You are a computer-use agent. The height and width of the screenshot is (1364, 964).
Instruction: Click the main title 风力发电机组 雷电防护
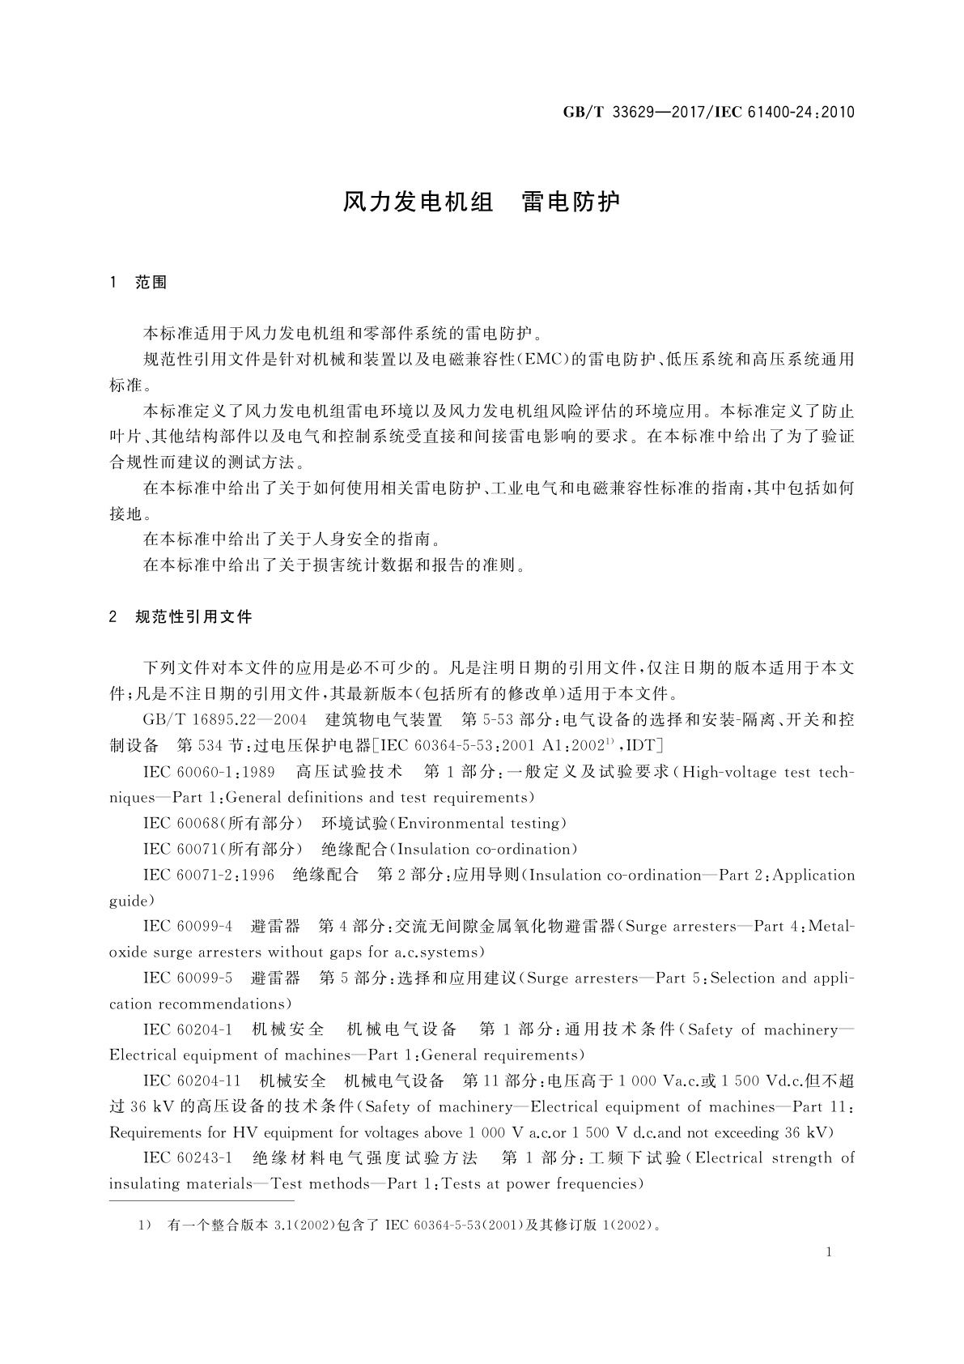[482, 202]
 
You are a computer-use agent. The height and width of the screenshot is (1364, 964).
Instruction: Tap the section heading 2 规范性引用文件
[180, 617]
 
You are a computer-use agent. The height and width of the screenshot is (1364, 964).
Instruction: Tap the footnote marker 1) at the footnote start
[147, 1225]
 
